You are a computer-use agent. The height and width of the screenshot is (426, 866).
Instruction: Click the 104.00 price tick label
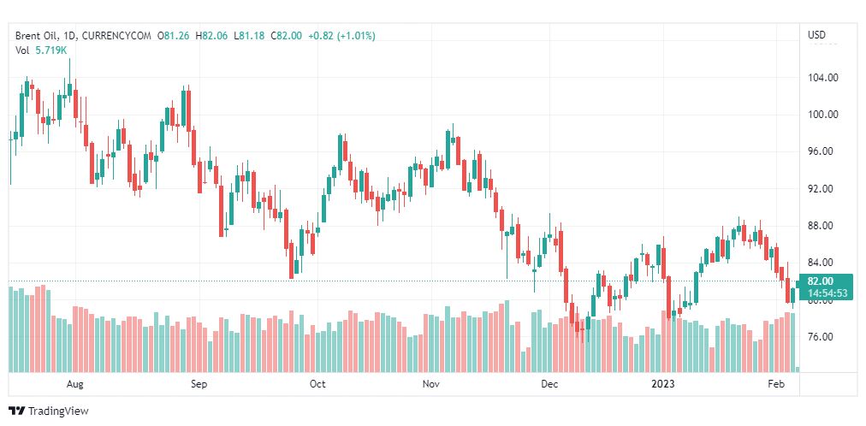pos(822,78)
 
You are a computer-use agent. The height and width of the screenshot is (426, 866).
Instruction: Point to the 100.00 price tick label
pos(822,115)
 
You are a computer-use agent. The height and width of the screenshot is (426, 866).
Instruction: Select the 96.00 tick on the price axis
pos(822,151)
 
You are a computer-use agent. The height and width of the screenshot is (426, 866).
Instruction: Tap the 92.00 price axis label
pos(822,188)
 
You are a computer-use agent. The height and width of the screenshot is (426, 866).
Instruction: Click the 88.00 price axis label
pos(822,226)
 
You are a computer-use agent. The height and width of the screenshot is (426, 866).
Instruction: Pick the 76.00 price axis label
pos(822,337)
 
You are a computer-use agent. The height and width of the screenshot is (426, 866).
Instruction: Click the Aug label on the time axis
pos(75,384)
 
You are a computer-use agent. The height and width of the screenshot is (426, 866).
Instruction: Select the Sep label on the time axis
pos(199,384)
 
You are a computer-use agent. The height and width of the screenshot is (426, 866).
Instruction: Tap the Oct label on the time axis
pos(317,384)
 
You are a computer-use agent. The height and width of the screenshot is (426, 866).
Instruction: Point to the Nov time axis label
pos(431,384)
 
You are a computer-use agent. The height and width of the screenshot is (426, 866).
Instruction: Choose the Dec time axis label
pos(549,384)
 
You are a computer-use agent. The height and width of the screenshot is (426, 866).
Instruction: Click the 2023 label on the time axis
pos(663,384)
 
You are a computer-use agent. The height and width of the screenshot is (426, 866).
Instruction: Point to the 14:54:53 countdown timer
pos(827,293)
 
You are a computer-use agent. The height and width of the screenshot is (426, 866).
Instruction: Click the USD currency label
pos(817,35)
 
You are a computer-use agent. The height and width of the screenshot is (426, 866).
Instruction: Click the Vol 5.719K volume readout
pos(42,50)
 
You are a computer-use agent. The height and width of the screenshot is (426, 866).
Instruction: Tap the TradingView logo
pos(50,411)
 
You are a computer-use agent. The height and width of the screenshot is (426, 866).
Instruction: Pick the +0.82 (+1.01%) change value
pos(341,36)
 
